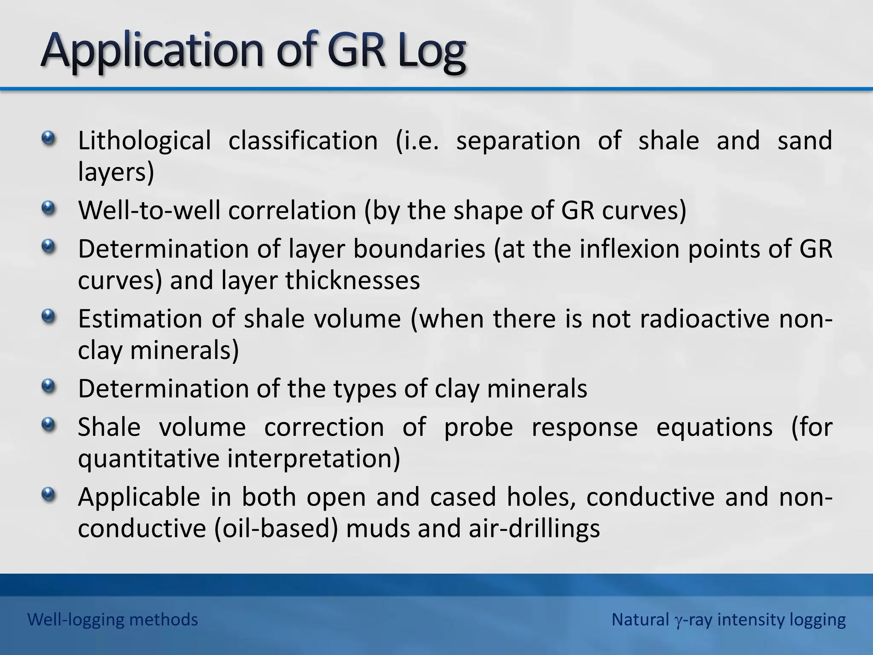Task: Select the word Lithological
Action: coord(144,141)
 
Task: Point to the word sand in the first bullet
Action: coord(804,141)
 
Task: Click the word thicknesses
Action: coord(353,281)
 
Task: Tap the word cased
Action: coord(463,497)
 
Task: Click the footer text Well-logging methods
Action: coord(113,620)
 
